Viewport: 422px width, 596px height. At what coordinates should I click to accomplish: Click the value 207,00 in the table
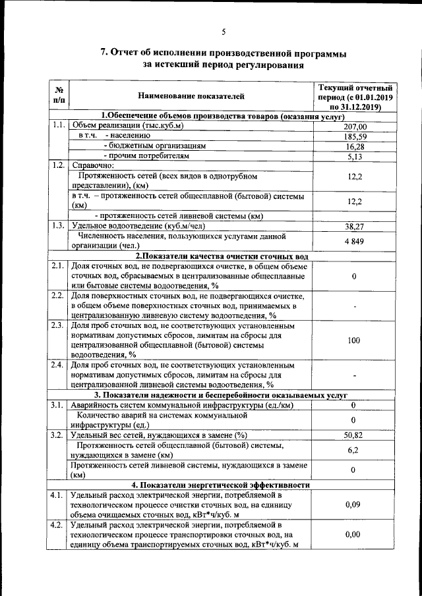[355, 126]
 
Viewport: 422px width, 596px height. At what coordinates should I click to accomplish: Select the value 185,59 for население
[355, 136]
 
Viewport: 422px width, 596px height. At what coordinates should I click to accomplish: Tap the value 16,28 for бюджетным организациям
[355, 146]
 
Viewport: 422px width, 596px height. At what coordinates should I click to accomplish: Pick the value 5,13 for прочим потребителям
[355, 156]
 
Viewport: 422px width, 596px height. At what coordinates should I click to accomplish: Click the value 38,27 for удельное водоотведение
[355, 225]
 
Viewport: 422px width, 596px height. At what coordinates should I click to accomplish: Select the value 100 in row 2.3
[355, 340]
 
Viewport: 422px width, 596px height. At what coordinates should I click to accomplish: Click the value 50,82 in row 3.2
[355, 435]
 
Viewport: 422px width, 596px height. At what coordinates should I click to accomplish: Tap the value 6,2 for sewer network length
[355, 450]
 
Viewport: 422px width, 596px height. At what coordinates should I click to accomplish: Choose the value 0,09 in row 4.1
[355, 504]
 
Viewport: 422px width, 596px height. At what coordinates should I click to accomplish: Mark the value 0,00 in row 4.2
[355, 535]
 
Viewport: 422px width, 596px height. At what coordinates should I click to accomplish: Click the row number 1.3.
[58, 225]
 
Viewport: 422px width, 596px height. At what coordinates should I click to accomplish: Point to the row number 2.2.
[58, 296]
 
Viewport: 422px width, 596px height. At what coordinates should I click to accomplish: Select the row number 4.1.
[58, 495]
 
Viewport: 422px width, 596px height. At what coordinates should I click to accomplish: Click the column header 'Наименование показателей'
[191, 96]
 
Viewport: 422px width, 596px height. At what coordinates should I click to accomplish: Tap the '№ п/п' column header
[59, 96]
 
